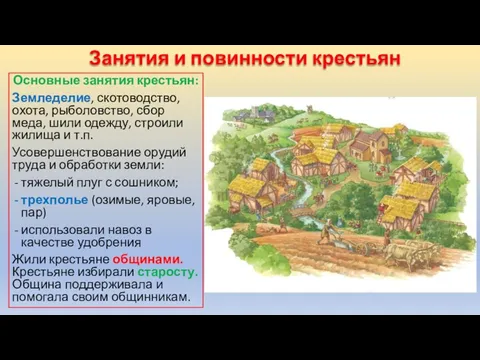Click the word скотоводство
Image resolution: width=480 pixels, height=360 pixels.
151,97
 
